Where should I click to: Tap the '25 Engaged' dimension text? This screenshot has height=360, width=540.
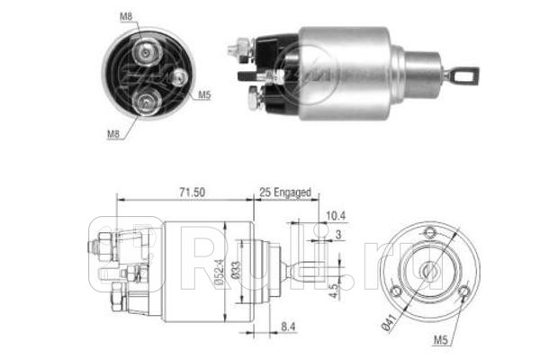[x=284, y=192]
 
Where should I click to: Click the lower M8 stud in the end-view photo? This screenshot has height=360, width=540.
[x=144, y=105]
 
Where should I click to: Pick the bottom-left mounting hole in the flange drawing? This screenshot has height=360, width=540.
[x=397, y=290]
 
